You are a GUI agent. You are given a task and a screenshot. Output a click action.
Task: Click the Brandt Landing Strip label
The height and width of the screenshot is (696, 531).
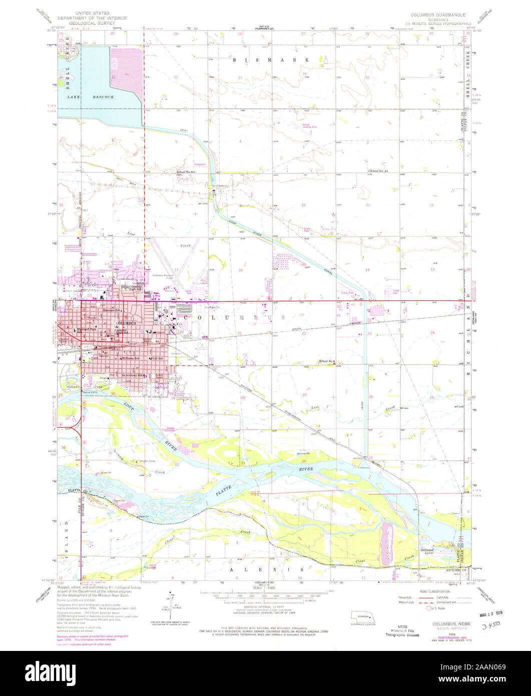tap(309, 126)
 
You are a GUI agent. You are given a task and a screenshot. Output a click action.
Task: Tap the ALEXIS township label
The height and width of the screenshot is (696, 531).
tap(266, 570)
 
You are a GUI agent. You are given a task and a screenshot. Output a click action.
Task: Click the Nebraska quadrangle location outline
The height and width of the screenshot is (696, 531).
tap(362, 615)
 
